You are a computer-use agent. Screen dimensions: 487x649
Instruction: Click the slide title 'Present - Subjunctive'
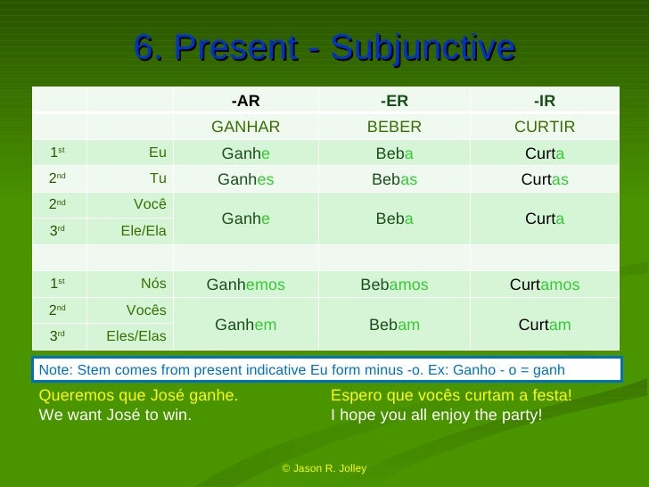pyautogui.click(x=324, y=48)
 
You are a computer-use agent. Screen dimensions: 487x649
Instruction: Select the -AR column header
pyautogui.click(x=245, y=100)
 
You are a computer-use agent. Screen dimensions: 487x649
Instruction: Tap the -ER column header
pyautogui.click(x=394, y=100)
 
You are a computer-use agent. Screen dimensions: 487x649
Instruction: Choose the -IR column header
pyautogui.click(x=544, y=100)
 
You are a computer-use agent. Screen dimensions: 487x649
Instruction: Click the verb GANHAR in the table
pyautogui.click(x=245, y=127)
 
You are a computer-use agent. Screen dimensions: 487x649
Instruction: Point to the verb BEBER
pyautogui.click(x=394, y=127)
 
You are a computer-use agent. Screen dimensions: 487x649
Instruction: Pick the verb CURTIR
pyautogui.click(x=544, y=127)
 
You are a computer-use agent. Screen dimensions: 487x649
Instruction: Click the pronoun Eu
pyautogui.click(x=157, y=153)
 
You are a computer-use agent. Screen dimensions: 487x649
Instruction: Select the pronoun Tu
pyautogui.click(x=158, y=177)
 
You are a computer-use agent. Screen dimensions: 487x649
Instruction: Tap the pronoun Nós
pyautogui.click(x=153, y=284)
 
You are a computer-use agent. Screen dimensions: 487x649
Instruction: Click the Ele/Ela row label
pyautogui.click(x=144, y=231)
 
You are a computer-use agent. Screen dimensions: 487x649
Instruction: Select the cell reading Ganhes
pyautogui.click(x=245, y=179)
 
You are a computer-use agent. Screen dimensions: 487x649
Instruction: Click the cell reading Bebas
pyautogui.click(x=394, y=179)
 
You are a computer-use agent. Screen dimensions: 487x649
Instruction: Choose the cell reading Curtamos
pyautogui.click(x=544, y=285)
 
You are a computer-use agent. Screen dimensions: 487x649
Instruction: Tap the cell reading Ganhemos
pyautogui.click(x=245, y=285)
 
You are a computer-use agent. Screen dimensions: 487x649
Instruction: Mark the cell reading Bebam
pyautogui.click(x=394, y=325)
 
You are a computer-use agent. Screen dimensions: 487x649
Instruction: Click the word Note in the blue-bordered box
pyautogui.click(x=54, y=369)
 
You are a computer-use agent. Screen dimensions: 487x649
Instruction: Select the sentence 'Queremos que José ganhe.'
pyautogui.click(x=139, y=396)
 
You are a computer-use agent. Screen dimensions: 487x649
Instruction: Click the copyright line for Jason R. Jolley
pyautogui.click(x=324, y=468)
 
